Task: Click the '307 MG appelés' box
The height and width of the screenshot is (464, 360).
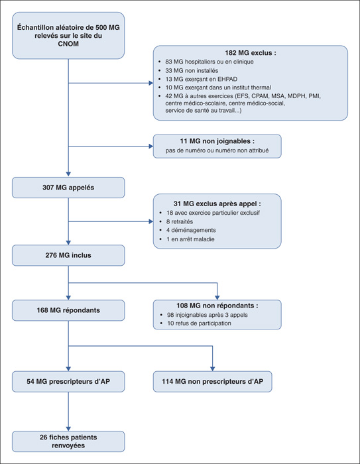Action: tap(68, 188)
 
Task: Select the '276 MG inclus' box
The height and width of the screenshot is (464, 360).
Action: tap(68, 255)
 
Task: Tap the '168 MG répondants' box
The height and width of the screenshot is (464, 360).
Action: tap(68, 310)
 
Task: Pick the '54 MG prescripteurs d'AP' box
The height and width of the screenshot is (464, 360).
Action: tap(68, 381)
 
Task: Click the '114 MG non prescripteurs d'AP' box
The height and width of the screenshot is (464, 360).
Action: tap(212, 381)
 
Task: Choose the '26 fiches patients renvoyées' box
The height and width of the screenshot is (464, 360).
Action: tap(68, 441)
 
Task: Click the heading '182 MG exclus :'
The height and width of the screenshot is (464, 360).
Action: tap(251, 53)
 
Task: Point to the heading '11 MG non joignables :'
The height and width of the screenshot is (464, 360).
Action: tap(217, 141)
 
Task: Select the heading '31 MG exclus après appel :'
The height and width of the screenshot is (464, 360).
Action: tap(217, 203)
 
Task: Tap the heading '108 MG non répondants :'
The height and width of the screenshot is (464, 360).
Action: tap(217, 306)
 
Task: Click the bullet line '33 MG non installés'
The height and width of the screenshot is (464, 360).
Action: tap(192, 71)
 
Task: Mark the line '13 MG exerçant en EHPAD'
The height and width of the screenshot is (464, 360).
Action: tap(201, 79)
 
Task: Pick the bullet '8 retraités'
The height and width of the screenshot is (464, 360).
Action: tap(180, 221)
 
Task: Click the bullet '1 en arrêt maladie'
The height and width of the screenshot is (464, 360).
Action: tap(190, 239)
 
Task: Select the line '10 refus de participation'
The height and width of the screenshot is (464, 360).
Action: tap(199, 323)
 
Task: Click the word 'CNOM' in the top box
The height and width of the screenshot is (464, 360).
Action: tap(68, 44)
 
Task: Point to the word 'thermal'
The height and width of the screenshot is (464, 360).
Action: tap(261, 87)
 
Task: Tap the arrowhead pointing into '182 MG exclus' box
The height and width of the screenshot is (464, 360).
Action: tap(151, 83)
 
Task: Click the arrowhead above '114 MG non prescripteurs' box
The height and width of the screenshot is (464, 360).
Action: tap(212, 369)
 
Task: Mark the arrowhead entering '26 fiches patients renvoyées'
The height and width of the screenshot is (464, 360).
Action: tap(68, 429)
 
